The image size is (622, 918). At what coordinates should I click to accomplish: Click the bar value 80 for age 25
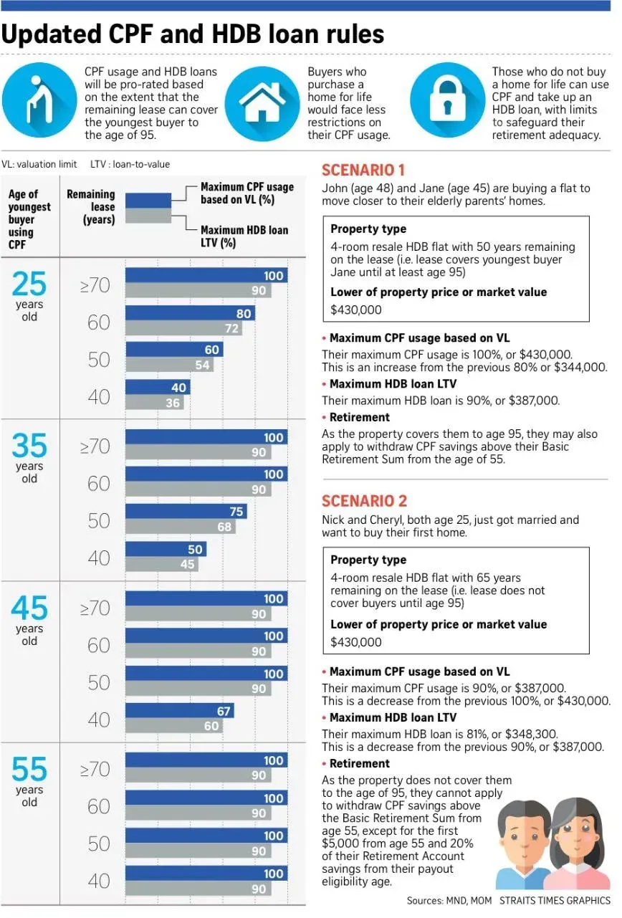[244, 313]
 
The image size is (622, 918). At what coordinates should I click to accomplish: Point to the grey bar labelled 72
[183, 328]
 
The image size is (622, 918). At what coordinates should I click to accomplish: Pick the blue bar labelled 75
[186, 512]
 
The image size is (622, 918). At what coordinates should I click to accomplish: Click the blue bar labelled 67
[179, 711]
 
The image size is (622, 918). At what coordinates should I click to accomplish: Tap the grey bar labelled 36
[155, 403]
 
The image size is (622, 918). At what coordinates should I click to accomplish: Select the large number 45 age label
[29, 608]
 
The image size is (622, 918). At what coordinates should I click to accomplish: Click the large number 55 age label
[29, 769]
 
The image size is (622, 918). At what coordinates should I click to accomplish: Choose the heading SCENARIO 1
[363, 170]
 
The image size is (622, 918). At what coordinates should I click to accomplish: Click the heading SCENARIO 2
[364, 501]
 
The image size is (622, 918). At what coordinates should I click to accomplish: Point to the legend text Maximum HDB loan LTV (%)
[244, 236]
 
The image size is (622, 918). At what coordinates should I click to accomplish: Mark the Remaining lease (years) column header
[91, 207]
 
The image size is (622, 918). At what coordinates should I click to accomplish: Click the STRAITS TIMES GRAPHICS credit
[555, 900]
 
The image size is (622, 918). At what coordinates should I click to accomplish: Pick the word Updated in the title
[52, 34]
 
